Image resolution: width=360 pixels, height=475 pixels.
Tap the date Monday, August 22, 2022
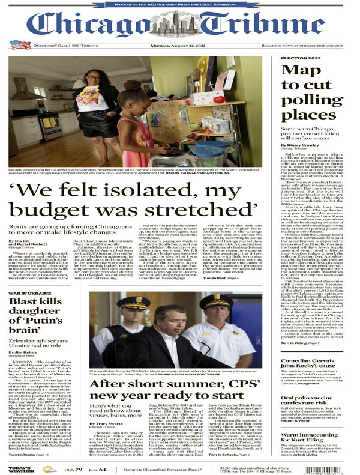click(181, 46)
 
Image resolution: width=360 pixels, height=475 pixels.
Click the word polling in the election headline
click(307, 100)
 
